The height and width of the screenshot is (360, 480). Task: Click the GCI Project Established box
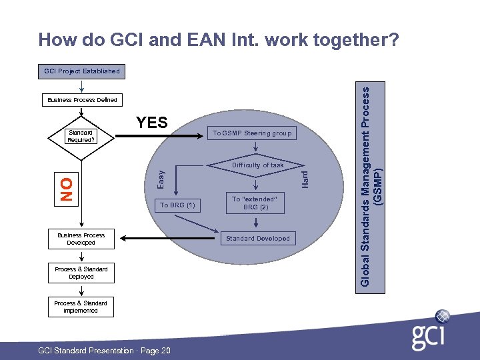tap(81, 71)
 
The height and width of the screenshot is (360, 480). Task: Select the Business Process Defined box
tap(82, 100)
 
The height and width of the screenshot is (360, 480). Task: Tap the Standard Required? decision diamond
tap(81, 137)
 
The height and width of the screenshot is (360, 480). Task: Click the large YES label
tap(152, 122)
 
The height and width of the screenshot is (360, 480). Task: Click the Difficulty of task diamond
tap(257, 165)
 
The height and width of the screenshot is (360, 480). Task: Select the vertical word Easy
tap(160, 178)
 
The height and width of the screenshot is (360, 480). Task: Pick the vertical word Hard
tap(304, 178)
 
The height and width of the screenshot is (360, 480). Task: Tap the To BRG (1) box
tap(177, 205)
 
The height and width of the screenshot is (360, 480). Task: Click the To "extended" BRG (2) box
tap(254, 203)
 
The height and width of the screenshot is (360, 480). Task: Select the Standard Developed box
tap(257, 238)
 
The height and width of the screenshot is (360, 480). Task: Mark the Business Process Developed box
tap(81, 239)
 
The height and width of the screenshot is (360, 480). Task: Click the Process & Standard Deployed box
tap(81, 273)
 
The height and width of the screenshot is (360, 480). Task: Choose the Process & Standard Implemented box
tap(81, 307)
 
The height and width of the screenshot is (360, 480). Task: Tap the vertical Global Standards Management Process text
tap(371, 180)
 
